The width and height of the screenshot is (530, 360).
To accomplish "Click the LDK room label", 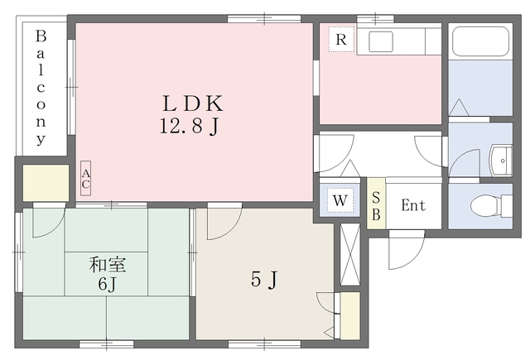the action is (193, 103).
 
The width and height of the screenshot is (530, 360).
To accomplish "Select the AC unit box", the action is (86, 178).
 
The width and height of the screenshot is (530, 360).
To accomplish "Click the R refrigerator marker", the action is (341, 40).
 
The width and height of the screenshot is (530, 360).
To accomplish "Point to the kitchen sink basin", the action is (381, 41).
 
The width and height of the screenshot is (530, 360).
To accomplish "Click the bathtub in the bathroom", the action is (480, 41).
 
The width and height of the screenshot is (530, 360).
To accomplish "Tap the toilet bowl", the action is (486, 206).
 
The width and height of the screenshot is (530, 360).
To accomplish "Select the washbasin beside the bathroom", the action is (501, 161).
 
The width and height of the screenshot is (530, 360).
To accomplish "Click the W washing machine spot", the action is (340, 200).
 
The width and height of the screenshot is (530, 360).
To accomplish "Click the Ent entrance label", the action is (413, 205).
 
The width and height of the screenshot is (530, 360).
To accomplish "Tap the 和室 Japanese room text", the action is (108, 265).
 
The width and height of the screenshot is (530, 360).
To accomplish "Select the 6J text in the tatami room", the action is (107, 285).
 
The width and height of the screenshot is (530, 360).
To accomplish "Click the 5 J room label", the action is (264, 280).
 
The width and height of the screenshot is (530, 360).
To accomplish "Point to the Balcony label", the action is (41, 88).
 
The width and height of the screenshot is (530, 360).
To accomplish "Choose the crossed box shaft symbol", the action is (349, 254).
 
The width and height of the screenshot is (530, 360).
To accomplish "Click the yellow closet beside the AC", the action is (46, 183).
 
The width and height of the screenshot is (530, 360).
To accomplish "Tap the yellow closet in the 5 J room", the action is (349, 315).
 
